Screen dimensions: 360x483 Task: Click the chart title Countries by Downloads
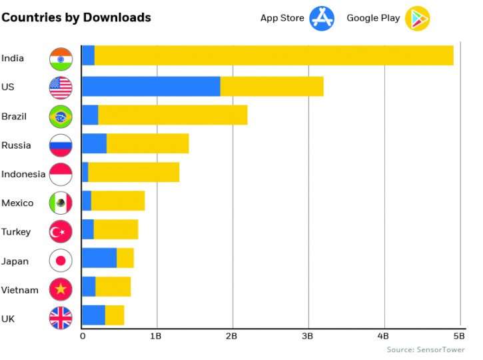point(76,17)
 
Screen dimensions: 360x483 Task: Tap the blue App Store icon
point(321,18)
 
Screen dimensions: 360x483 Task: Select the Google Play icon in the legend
point(418,18)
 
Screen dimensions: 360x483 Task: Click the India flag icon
point(61,59)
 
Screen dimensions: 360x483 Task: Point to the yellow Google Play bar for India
point(273,56)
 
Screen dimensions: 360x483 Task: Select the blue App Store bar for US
point(151,87)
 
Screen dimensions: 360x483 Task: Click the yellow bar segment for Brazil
point(173,115)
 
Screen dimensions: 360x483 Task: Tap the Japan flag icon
point(61,261)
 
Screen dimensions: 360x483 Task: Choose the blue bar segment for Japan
point(99,258)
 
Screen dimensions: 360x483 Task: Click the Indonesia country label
point(23,175)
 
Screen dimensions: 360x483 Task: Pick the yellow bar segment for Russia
point(147,144)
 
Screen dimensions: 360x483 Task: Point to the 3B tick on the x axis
point(307,336)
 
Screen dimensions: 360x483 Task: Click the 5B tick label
point(458,336)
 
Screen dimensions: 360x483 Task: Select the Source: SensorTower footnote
point(425,349)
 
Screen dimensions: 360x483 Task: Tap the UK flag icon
point(61,319)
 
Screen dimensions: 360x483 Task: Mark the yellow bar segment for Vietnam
point(113,287)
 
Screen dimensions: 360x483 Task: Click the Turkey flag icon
point(61,232)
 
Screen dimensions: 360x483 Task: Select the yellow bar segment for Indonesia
point(133,173)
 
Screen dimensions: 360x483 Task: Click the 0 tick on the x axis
point(83,336)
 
